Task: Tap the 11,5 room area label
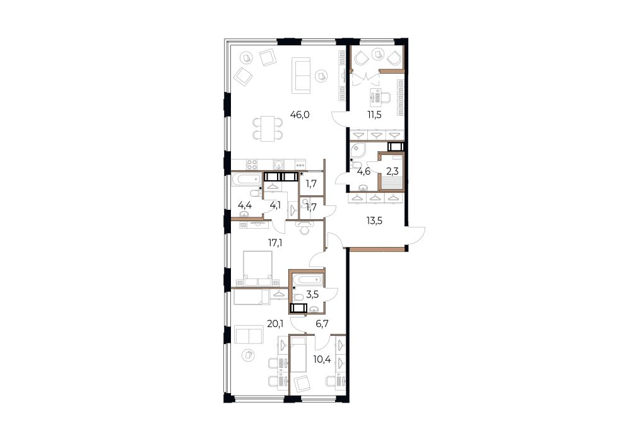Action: (374, 115)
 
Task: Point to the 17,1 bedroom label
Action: (275, 243)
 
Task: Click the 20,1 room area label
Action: (275, 324)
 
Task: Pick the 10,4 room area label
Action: (322, 359)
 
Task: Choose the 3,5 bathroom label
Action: (312, 294)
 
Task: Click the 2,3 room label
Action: (392, 172)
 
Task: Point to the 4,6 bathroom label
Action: (364, 172)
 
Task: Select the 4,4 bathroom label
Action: (245, 205)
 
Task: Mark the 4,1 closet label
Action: (275, 205)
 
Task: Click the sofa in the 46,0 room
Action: (301, 75)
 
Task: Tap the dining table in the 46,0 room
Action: (268, 129)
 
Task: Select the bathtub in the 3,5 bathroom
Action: (308, 280)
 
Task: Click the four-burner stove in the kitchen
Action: (252, 164)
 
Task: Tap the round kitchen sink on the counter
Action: (278, 164)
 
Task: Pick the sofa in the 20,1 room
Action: (249, 335)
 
